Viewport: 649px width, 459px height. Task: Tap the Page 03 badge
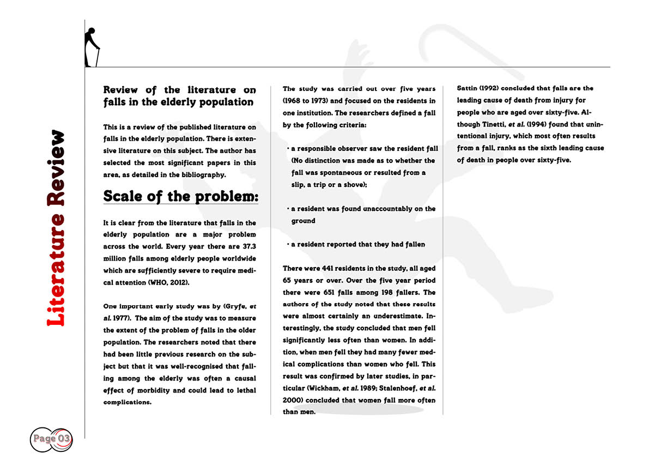(x=51, y=438)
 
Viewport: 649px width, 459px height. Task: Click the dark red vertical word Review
(x=56, y=167)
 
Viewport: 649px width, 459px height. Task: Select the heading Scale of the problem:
(x=180, y=196)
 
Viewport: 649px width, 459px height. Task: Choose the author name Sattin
(x=468, y=88)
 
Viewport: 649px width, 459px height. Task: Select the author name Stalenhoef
(x=396, y=388)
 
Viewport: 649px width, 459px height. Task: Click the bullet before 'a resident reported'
(x=287, y=244)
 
